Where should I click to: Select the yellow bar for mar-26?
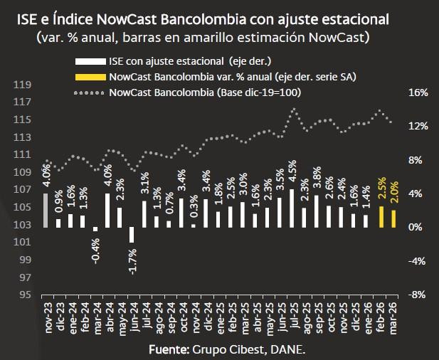point(393,218)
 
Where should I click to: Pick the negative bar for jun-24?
point(132,234)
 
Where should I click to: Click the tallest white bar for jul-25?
point(292,208)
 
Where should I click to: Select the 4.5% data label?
point(292,173)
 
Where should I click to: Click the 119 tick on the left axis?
point(23,85)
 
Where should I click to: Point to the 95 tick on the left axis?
point(25,295)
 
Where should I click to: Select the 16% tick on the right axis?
point(418,92)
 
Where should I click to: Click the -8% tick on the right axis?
point(418,295)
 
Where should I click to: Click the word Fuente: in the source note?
point(169,350)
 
